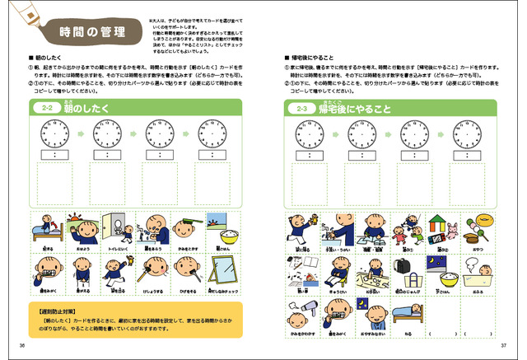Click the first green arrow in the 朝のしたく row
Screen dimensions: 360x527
[78, 132]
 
